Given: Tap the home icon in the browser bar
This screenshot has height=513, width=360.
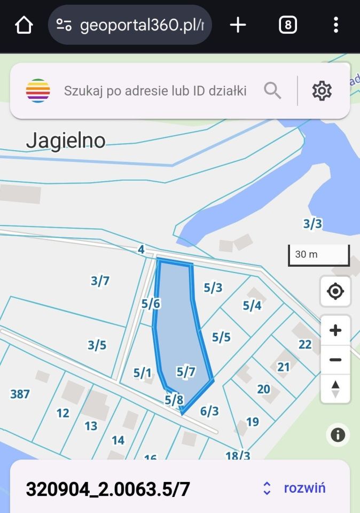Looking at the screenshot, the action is click(24, 25).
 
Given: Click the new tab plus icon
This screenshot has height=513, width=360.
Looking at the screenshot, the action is click(238, 25).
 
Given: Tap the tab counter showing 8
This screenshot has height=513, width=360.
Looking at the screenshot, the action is click(288, 25).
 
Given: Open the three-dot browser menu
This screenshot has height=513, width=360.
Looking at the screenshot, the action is click(335, 25).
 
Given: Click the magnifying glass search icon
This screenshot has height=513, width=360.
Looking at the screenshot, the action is click(272, 91).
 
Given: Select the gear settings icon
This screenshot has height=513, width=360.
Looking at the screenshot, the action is click(322, 91).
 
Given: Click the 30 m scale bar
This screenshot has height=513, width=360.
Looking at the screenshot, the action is click(319, 255).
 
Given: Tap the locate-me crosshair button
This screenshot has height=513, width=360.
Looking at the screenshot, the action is click(335, 292).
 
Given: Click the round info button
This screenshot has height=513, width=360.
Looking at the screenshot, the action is click(338, 435).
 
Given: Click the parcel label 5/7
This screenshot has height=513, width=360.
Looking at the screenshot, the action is click(186, 372).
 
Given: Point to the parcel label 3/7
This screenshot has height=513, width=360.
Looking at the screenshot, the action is click(100, 281).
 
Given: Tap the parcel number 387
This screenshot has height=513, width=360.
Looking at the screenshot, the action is click(20, 394).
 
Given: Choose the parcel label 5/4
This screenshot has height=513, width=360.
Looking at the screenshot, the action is click(252, 306).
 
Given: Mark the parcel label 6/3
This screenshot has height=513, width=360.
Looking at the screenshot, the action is click(209, 411).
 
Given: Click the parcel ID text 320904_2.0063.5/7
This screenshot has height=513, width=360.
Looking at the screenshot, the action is click(108, 489).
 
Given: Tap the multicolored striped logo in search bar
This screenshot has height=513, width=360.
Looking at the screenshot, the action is click(38, 91).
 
